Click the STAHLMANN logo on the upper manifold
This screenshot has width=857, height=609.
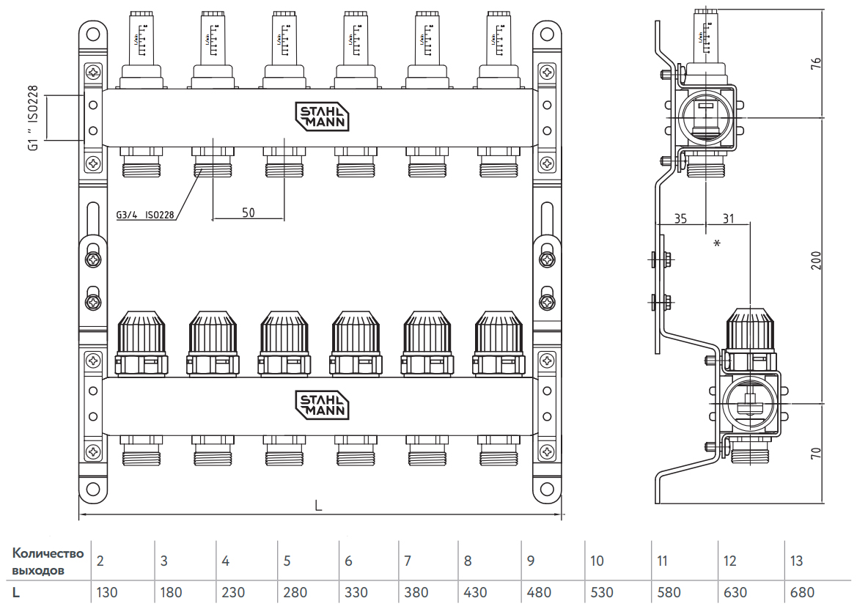coord(322,116)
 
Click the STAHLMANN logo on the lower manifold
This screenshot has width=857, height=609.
coord(322,405)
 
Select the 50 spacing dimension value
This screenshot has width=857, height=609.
coord(249,213)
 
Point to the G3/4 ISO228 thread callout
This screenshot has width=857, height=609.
coord(145,215)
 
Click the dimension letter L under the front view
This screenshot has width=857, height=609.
coord(318,506)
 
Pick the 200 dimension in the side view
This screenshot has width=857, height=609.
coord(816,260)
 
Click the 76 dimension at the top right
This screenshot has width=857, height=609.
coord(816,63)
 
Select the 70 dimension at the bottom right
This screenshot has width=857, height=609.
coord(816,451)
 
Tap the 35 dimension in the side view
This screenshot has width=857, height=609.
coord(680,218)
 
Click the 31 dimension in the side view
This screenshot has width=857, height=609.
coord(727,218)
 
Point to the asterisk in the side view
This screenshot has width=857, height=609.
coord(716,243)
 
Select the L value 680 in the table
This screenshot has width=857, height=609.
coord(801,592)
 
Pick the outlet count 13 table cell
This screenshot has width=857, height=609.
coord(796,561)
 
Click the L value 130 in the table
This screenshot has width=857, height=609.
coord(107,592)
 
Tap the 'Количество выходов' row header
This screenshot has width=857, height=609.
coord(48,561)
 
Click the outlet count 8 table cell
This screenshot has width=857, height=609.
coord(468,561)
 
